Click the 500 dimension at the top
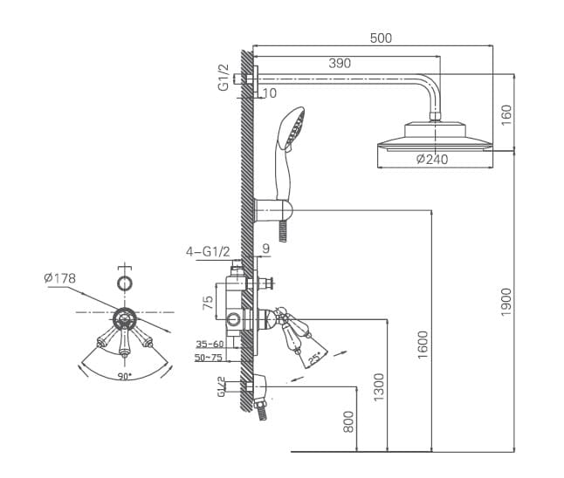(381, 38)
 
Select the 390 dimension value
(340, 63)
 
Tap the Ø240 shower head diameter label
(432, 159)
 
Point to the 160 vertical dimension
(506, 113)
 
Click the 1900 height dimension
(506, 302)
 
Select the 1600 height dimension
(423, 344)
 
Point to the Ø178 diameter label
(59, 278)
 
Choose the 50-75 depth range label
(209, 358)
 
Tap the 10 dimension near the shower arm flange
(268, 92)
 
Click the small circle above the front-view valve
(125, 283)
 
